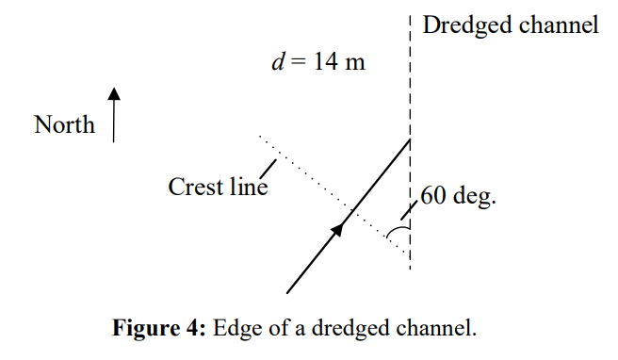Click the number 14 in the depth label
(322, 66)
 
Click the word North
(65, 124)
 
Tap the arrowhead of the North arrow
(114, 94)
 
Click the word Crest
(196, 187)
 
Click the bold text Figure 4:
(158, 330)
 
